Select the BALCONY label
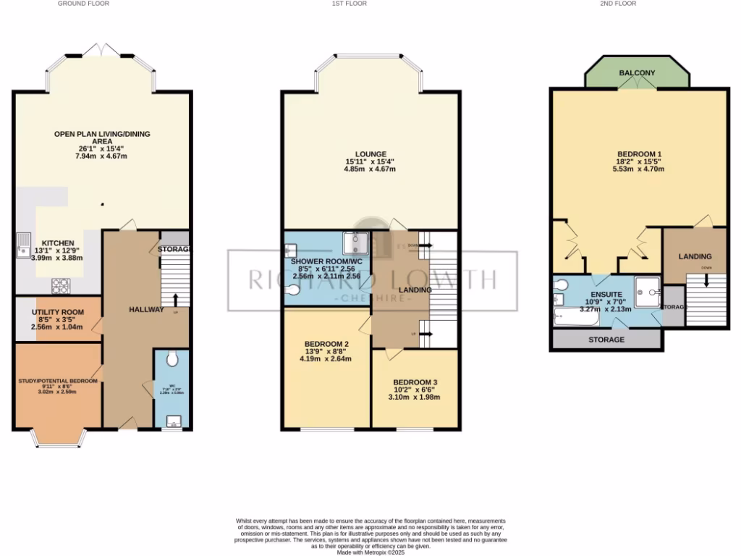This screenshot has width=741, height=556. point(637,73)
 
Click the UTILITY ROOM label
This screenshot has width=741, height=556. point(57,312)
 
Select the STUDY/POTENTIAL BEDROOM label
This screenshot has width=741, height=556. point(57,379)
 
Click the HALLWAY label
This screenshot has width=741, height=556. point(146,309)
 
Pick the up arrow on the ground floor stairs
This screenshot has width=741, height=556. point(174,298)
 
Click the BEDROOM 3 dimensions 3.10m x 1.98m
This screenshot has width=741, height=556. point(415,397)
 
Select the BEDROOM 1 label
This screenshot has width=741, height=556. point(639,153)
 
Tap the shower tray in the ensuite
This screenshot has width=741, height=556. point(648,290)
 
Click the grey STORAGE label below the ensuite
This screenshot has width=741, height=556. point(606,340)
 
